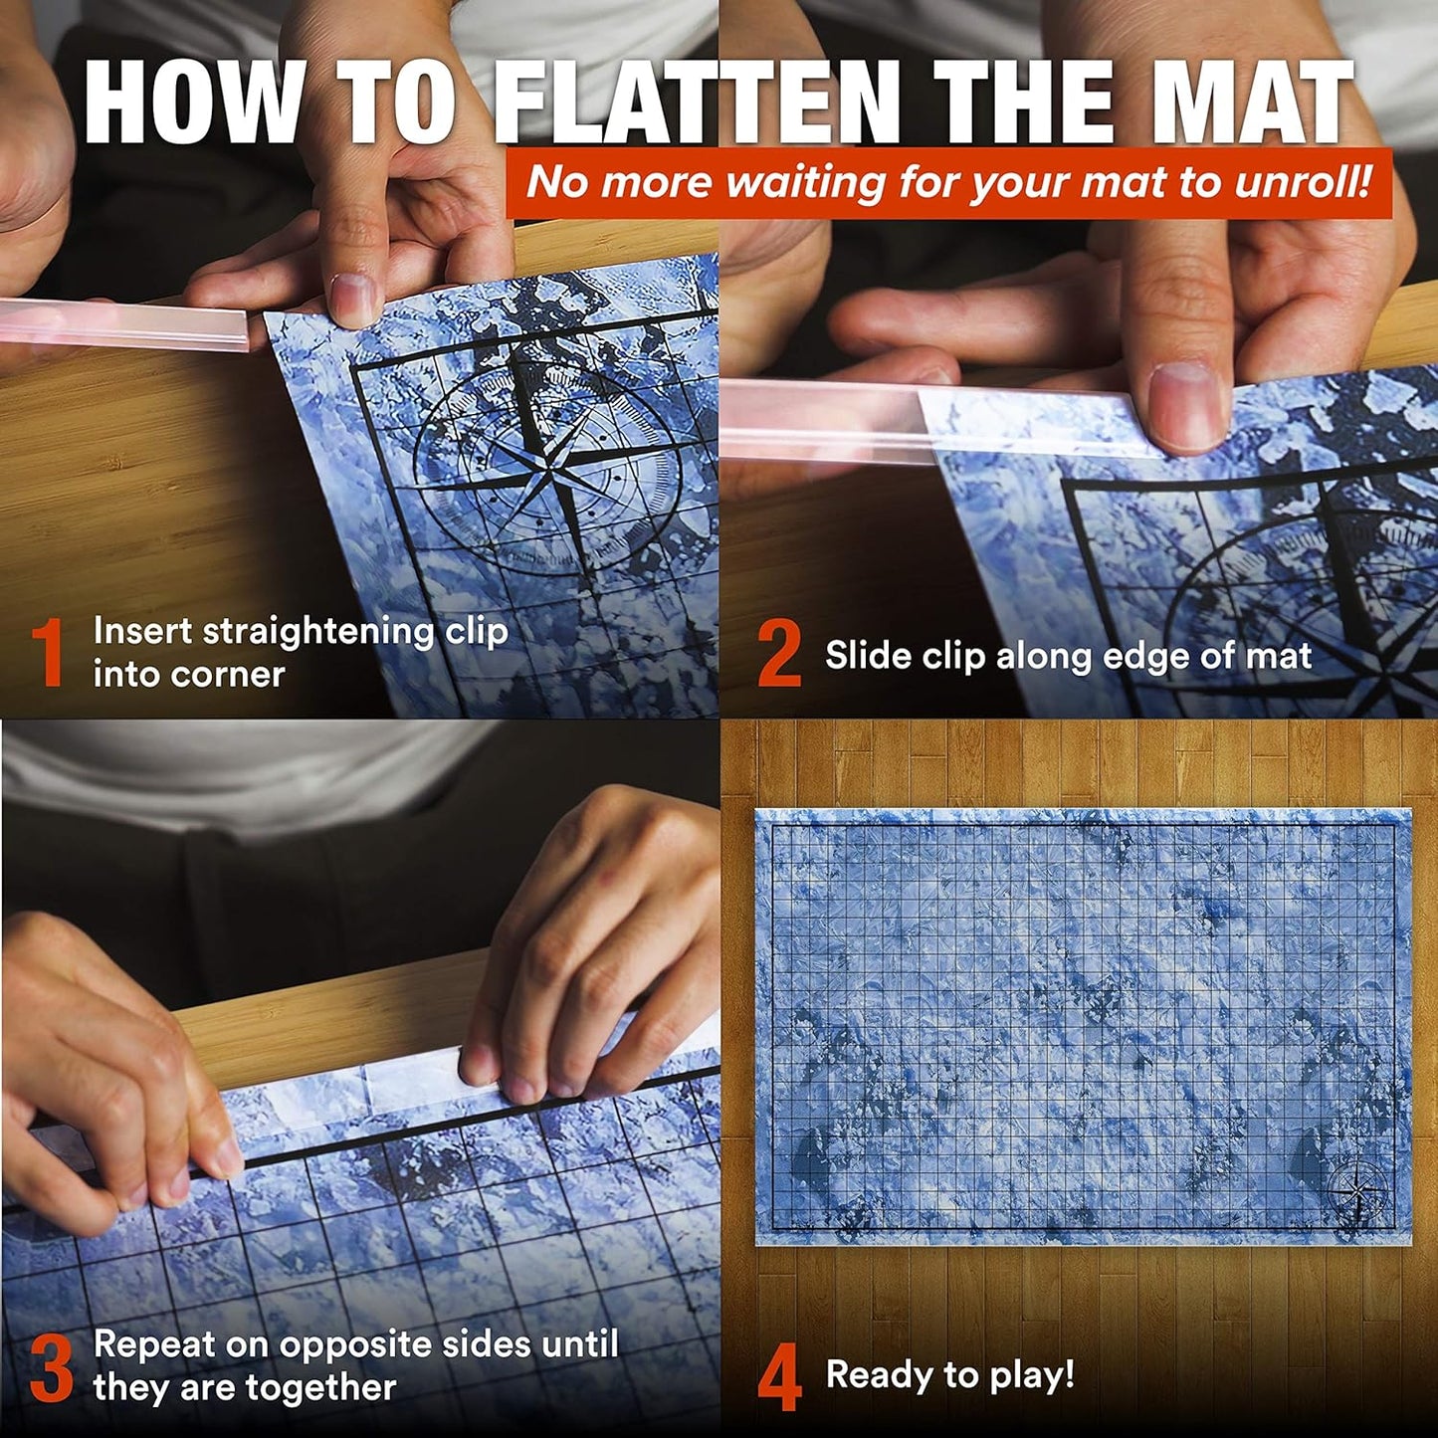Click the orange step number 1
[x=47, y=654]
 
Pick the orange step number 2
[x=778, y=654]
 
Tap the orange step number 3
[x=51, y=1368]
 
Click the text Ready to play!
[x=949, y=1375]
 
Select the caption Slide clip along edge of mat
[x=1068, y=656]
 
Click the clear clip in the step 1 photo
[x=119, y=323]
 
